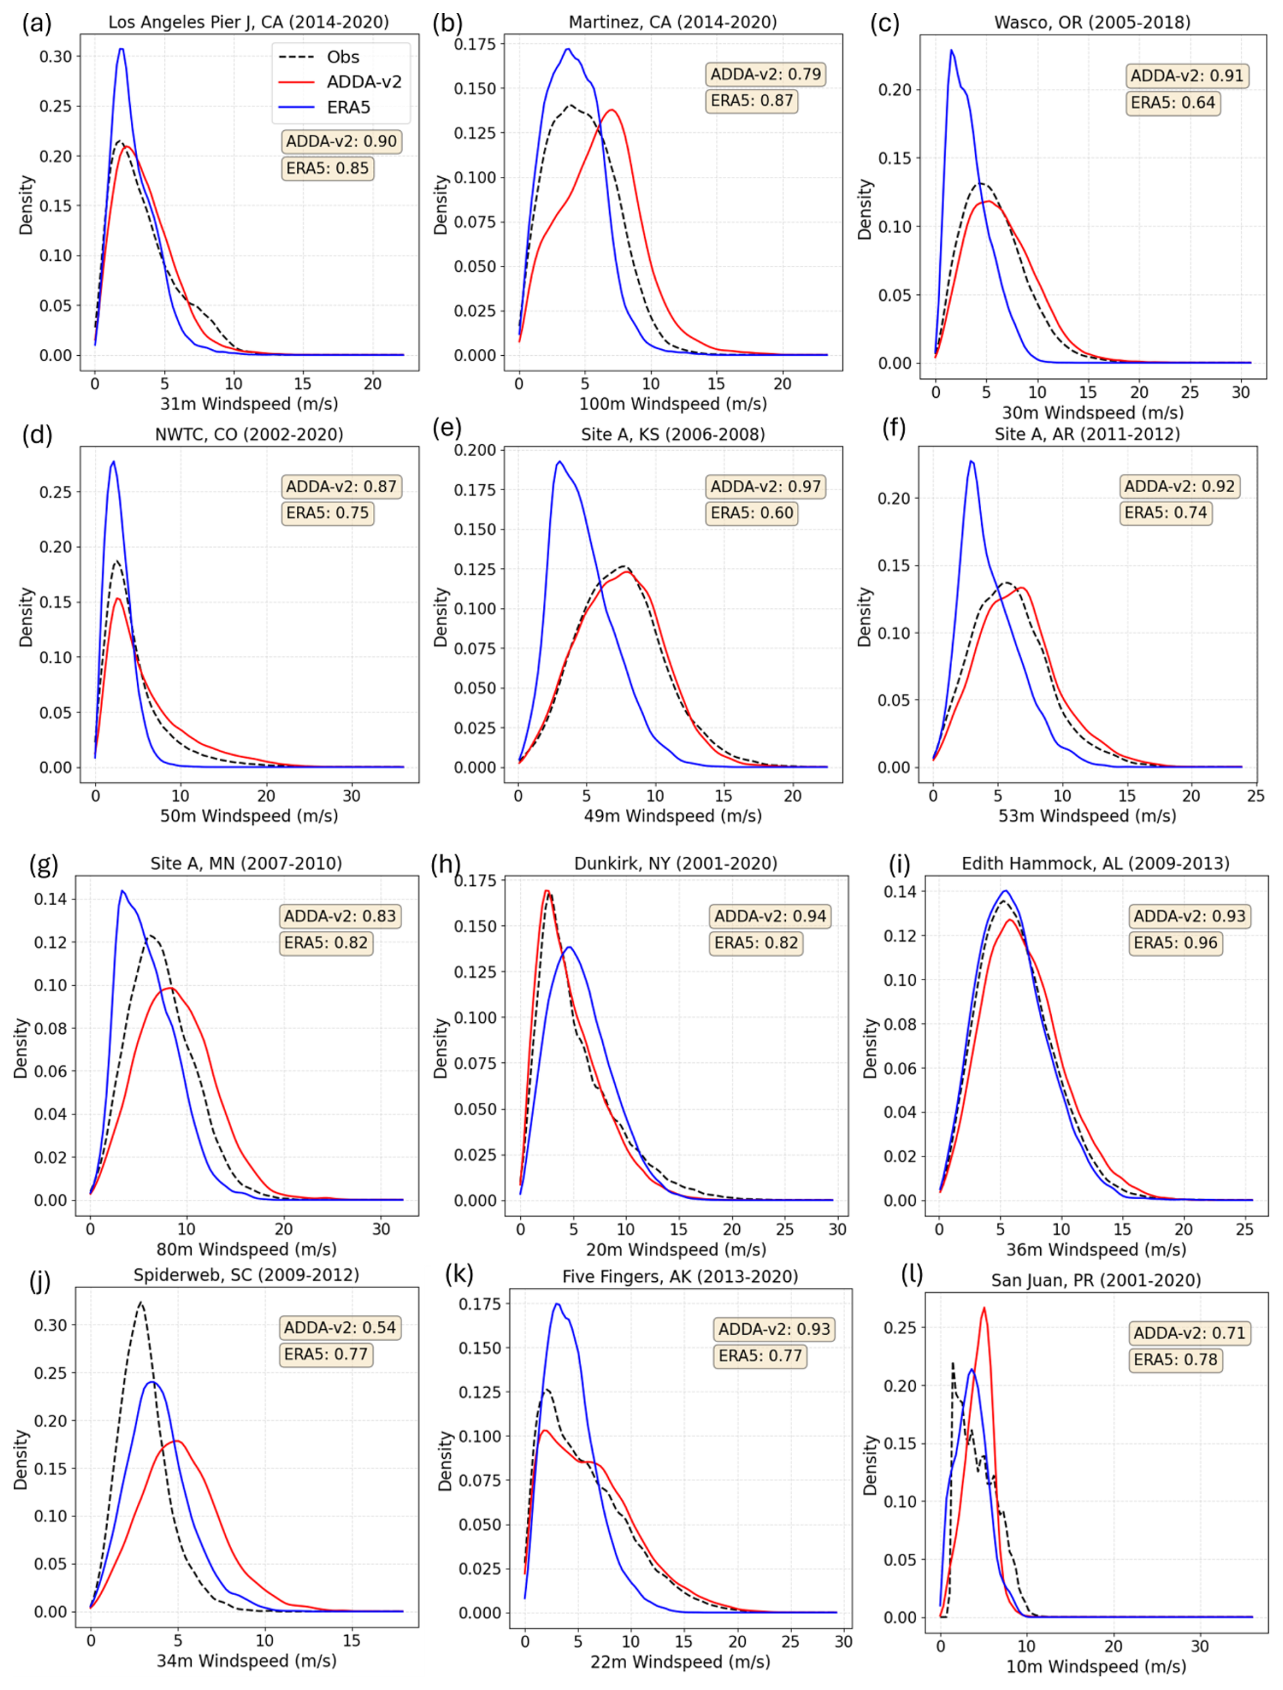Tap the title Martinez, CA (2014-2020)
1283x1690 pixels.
click(673, 22)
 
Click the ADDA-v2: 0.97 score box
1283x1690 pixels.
click(765, 487)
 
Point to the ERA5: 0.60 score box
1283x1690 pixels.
click(751, 512)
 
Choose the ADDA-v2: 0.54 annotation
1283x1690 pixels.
click(340, 1327)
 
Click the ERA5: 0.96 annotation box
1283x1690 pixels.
click(1175, 943)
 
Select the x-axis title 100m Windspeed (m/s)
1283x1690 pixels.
click(673, 403)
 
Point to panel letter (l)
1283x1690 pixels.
click(911, 1274)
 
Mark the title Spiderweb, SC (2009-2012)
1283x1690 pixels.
click(246, 1274)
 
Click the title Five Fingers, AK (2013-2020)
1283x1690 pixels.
click(680, 1276)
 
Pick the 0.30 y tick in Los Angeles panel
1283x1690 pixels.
click(56, 56)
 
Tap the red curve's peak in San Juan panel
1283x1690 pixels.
click(984, 1308)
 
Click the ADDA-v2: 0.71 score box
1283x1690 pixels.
click(1189, 1333)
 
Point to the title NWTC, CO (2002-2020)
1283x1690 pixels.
click(249, 435)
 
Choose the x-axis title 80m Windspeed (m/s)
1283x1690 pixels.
click(246, 1249)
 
